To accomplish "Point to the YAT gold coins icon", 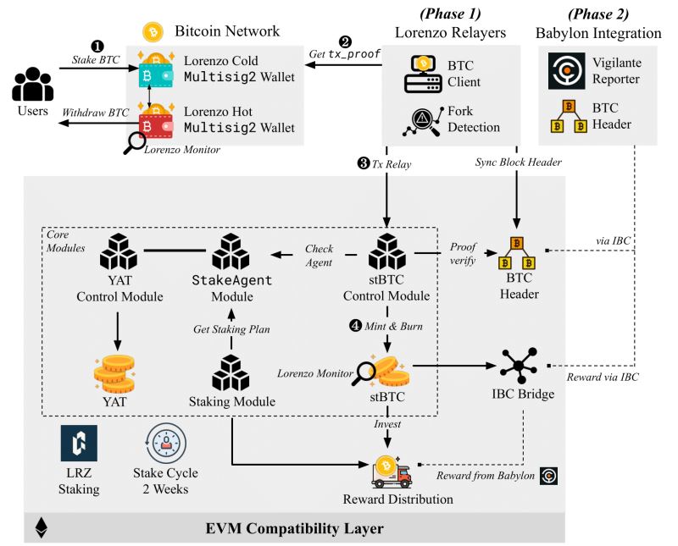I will pyautogui.click(x=114, y=369).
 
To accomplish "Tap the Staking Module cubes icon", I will pyautogui.click(x=230, y=370).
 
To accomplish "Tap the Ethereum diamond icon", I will pyautogui.click(x=40, y=529).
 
